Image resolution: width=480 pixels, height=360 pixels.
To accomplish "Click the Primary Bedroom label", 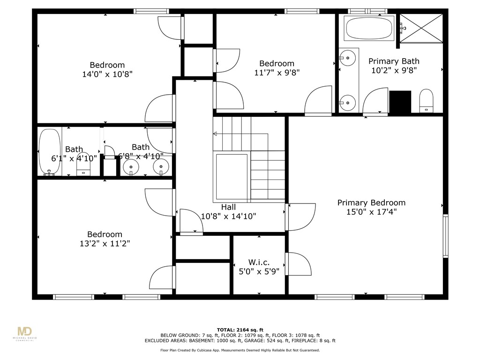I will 371,202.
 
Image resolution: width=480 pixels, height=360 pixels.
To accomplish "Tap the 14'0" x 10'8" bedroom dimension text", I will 107,74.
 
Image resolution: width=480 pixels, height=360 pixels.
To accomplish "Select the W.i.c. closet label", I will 259,262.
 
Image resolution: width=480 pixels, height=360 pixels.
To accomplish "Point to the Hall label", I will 228,207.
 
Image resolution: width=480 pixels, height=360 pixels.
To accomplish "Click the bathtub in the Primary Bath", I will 368,29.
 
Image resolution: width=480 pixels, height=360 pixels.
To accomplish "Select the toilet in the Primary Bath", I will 426,101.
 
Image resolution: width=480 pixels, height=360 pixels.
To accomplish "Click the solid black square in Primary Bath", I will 400,102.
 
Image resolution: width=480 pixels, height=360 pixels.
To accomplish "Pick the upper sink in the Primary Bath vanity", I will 347,59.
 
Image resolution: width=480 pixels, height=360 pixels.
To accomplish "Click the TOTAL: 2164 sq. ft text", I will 240,330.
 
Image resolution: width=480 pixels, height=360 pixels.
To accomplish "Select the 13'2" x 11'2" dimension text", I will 105,243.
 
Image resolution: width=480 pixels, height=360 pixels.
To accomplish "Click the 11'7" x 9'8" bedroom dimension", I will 277,72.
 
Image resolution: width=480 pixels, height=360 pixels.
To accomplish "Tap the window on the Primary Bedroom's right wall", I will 445,236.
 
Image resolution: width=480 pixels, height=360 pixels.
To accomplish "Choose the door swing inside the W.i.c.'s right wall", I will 299,264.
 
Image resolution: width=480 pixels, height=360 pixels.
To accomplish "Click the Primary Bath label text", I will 394,61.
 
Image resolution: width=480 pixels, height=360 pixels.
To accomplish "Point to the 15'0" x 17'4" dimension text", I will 371,212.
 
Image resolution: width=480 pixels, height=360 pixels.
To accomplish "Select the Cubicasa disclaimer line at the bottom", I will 240,350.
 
